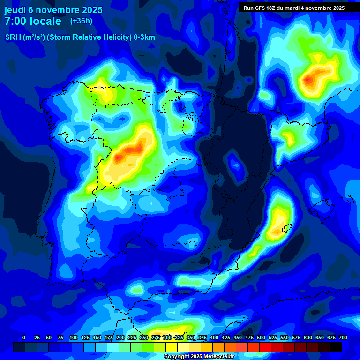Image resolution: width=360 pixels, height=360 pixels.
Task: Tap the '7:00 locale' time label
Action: point(33,22)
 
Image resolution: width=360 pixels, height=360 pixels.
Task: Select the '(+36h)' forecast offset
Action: point(81,21)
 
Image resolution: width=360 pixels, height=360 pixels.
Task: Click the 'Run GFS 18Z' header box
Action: point(294,8)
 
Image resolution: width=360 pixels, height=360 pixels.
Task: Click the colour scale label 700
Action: point(343,338)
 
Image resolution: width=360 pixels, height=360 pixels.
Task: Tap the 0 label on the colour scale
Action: point(24,338)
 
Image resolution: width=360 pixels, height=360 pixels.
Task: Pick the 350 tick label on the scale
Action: point(191,338)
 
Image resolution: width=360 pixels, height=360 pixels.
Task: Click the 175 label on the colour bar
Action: point(109,338)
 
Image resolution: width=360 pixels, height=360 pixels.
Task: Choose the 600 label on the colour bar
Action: point(308,338)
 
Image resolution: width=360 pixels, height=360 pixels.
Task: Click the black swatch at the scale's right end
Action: point(336,347)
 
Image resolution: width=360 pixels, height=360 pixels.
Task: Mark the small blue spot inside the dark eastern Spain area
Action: point(234,164)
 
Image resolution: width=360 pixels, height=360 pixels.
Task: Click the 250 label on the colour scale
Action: point(144,338)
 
